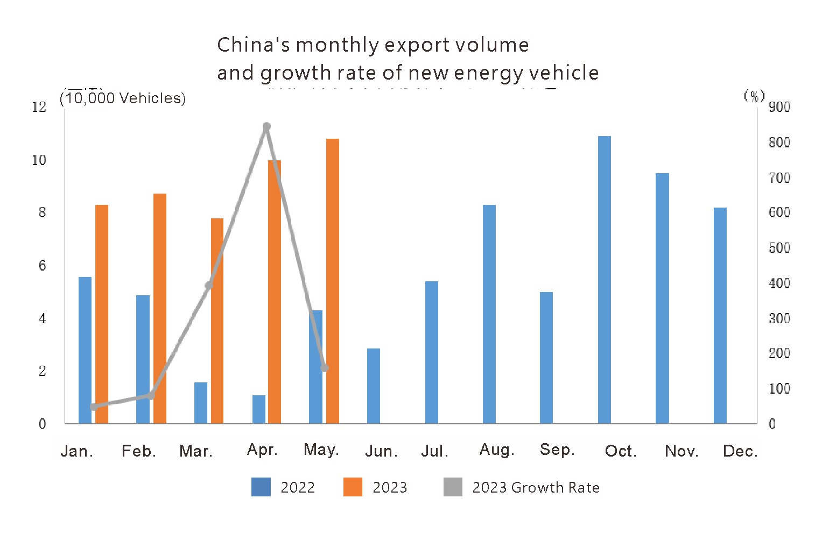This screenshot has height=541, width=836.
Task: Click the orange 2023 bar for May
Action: click(x=333, y=281)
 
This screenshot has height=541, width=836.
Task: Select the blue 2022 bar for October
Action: click(x=605, y=280)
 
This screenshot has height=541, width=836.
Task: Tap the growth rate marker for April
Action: click(x=266, y=127)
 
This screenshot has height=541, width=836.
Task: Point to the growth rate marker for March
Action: click(x=209, y=285)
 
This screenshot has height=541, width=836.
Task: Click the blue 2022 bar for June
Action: click(x=374, y=386)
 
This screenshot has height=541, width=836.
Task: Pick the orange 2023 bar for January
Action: click(x=102, y=314)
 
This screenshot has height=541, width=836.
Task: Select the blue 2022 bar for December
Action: click(x=720, y=315)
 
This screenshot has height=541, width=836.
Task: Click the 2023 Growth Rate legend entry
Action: click(x=535, y=487)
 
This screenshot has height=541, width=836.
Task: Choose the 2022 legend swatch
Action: click(x=261, y=487)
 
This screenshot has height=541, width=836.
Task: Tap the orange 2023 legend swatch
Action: click(x=353, y=487)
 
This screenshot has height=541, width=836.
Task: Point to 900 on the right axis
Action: click(x=779, y=107)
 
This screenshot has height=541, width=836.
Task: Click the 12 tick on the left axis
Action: click(x=39, y=107)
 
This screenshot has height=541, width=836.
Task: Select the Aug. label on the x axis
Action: click(x=497, y=450)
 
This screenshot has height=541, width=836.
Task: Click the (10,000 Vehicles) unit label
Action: click(x=123, y=98)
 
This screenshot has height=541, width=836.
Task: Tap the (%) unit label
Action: click(x=754, y=96)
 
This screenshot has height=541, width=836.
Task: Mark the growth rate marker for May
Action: click(x=325, y=368)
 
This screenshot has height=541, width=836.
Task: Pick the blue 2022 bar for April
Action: click(x=259, y=409)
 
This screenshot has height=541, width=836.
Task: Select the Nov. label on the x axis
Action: click(x=682, y=451)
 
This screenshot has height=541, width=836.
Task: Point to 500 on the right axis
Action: click(x=779, y=248)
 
